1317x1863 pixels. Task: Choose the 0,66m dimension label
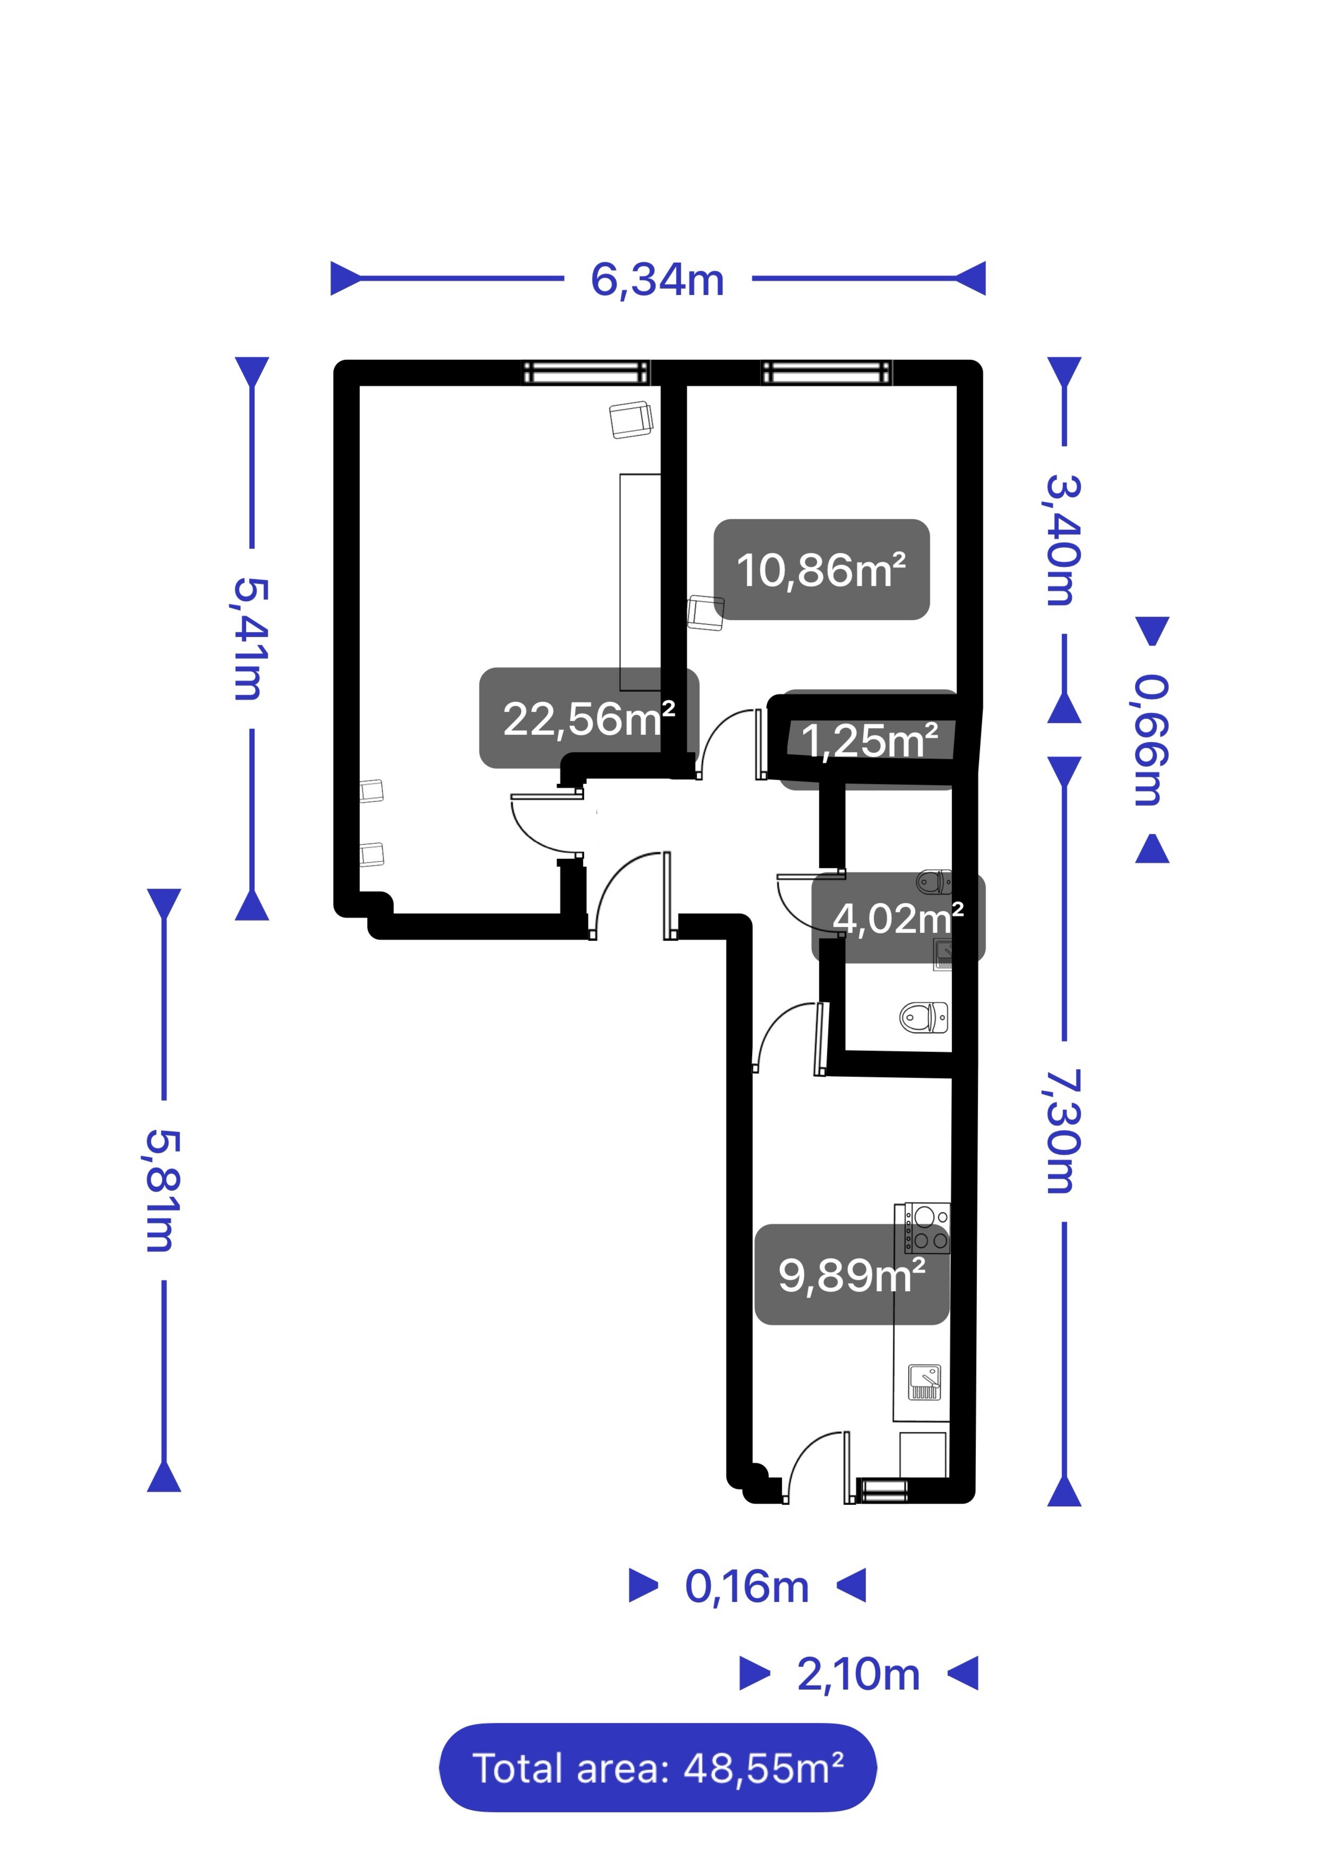coord(1152,740)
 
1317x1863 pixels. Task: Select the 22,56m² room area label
coord(589,718)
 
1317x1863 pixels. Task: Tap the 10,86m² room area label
coord(821,570)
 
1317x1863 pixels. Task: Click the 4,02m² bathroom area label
coord(898,918)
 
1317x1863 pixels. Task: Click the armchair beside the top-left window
coord(631,420)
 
